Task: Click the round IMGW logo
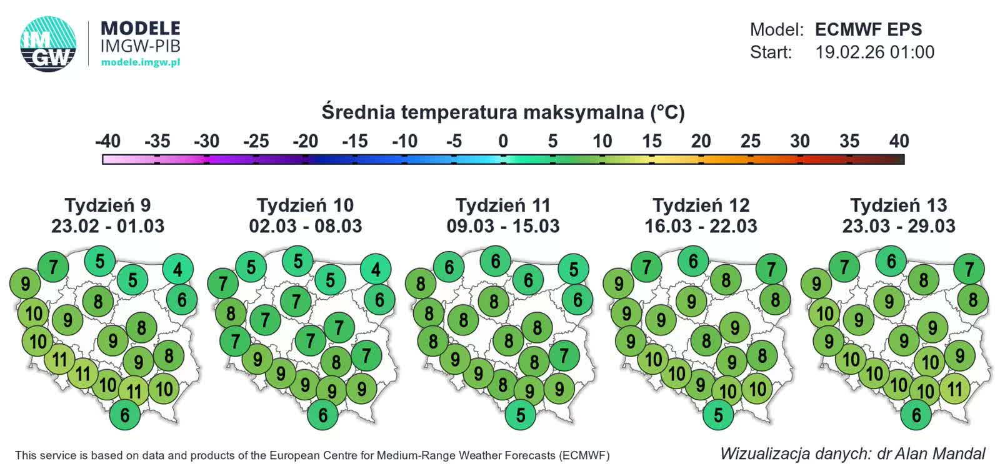tap(48, 44)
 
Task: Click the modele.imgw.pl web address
tap(140, 62)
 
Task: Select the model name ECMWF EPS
tap(868, 29)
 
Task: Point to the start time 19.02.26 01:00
tap(874, 52)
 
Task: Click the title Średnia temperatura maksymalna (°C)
tap(503, 112)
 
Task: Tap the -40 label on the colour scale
tap(107, 141)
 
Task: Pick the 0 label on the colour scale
tap(503, 141)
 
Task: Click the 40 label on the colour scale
tap(899, 141)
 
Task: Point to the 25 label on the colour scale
tap(750, 141)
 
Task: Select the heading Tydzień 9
tap(107, 205)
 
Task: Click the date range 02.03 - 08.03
tap(306, 226)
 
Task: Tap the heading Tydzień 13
tap(898, 205)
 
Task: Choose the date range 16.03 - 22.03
tap(701, 226)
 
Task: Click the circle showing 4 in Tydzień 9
tap(178, 269)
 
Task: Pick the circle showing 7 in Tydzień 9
tap(53, 267)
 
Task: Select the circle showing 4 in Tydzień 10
tap(376, 269)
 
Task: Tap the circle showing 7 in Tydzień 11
tap(564, 355)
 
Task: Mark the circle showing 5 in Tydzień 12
tap(718, 415)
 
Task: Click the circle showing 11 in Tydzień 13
tap(954, 389)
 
